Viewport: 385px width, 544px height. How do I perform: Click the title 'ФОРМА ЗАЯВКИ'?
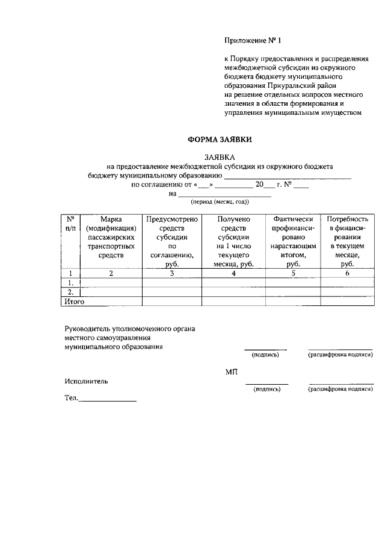[219, 139]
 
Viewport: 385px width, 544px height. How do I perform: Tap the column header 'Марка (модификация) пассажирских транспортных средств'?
[111, 237]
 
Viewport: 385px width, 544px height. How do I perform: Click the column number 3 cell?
[171, 273]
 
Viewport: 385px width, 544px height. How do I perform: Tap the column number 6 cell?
[347, 273]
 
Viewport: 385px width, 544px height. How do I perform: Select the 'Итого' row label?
[74, 302]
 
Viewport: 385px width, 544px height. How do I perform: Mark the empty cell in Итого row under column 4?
[233, 302]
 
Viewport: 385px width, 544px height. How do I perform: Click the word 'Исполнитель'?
[86, 381]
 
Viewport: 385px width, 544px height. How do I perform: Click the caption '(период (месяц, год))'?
[220, 202]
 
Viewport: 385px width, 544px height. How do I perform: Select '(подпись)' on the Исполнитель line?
[267, 389]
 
